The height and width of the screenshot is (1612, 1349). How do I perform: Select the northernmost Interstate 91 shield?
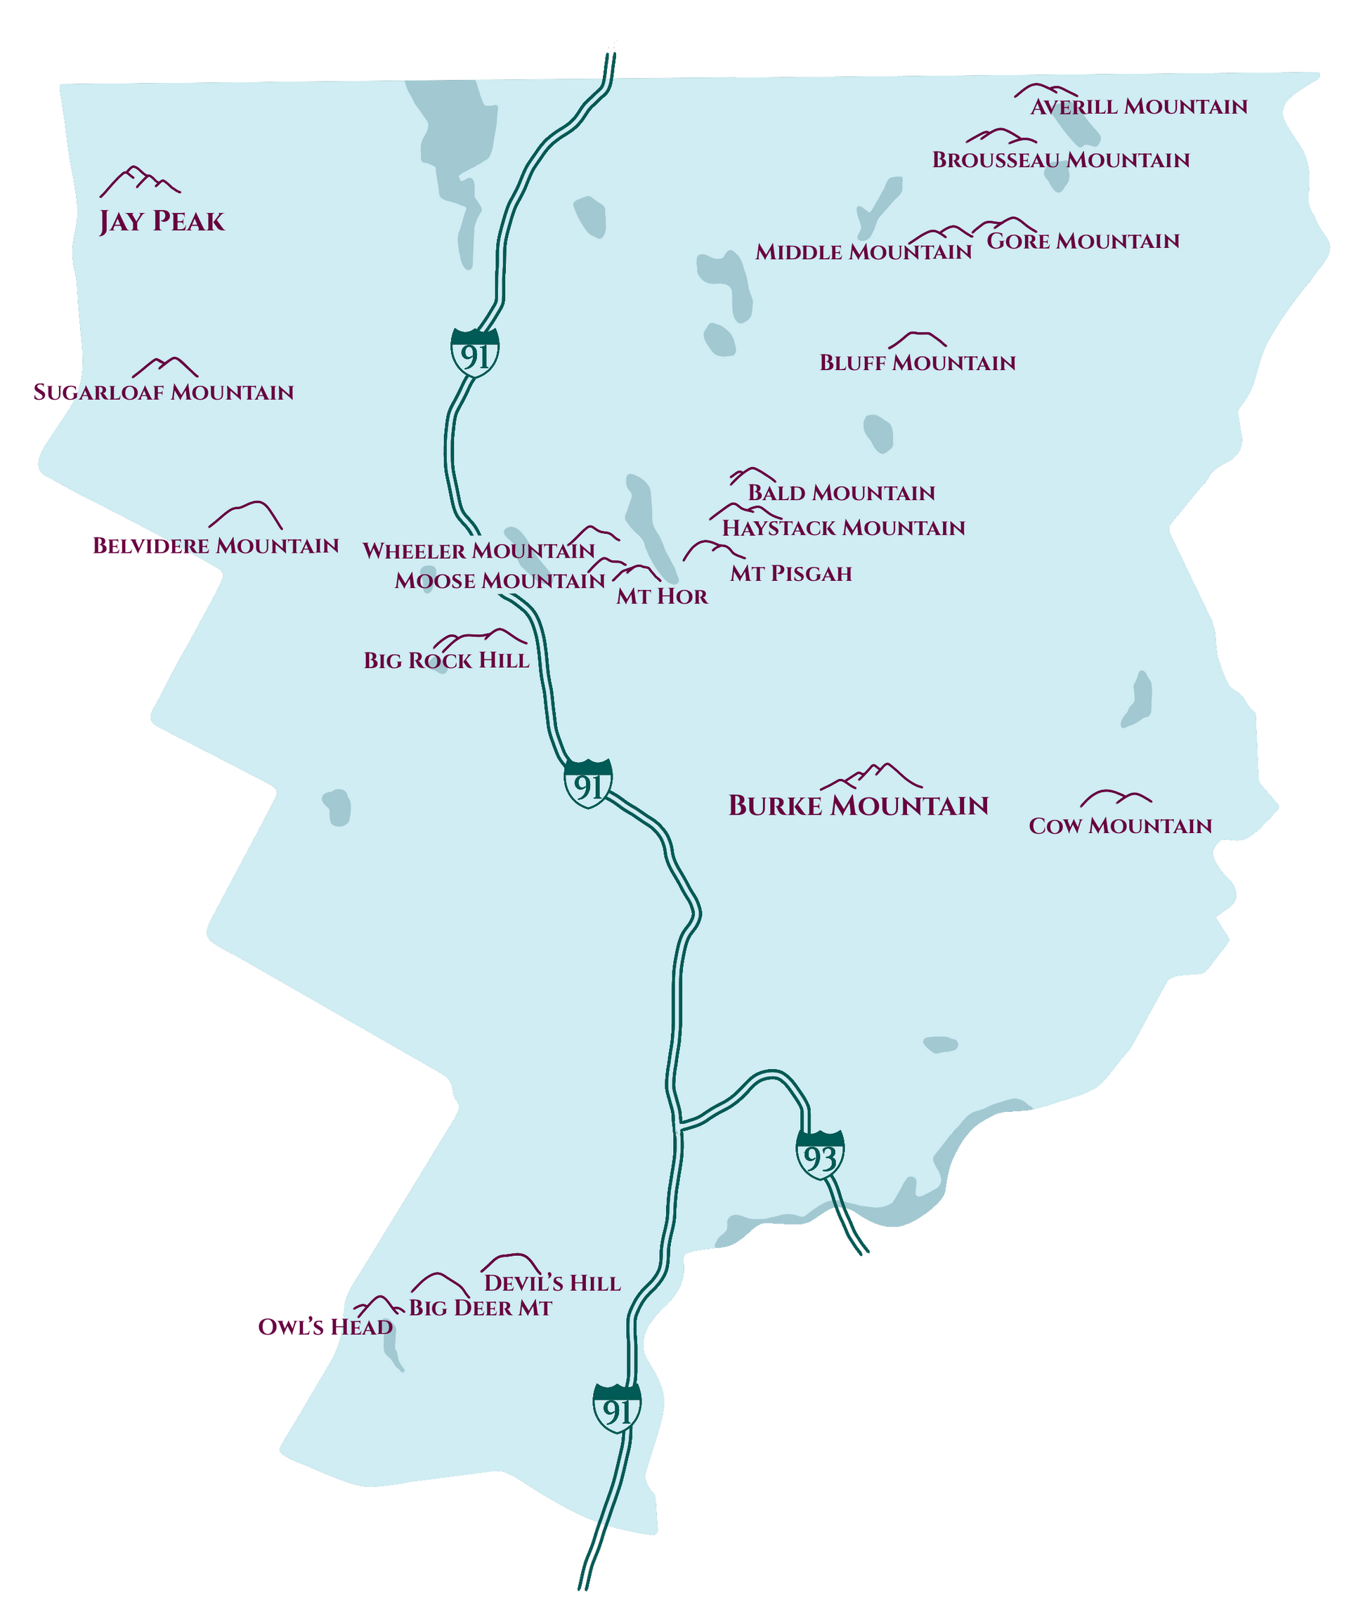[475, 353]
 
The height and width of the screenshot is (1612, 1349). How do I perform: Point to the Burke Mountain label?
[858, 805]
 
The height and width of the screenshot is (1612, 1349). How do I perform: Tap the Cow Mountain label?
[1119, 826]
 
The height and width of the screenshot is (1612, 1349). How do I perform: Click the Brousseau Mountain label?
[1060, 159]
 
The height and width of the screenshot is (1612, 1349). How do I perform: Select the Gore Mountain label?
[1082, 241]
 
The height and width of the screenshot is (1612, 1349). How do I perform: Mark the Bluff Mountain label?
[917, 362]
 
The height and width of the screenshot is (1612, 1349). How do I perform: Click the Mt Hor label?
[661, 596]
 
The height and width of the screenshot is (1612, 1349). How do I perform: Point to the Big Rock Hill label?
[446, 660]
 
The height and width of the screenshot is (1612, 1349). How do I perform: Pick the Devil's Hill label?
[552, 1283]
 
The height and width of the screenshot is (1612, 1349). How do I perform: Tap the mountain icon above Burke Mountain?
[871, 776]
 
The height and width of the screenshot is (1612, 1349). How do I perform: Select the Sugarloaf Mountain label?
[163, 392]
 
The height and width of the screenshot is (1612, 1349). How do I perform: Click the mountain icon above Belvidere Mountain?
[247, 515]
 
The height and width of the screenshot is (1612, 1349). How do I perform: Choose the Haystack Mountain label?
[843, 528]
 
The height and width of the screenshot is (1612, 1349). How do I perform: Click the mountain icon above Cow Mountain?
[1115, 799]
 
